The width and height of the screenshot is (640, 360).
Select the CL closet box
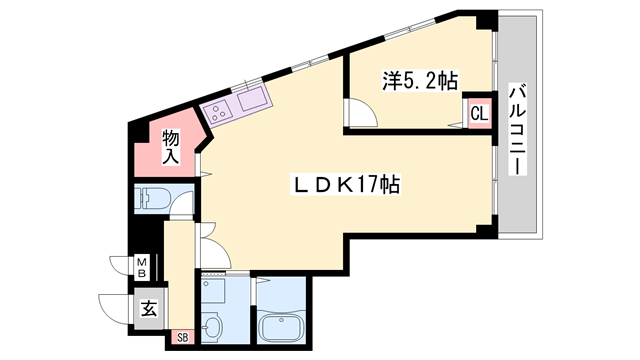coord(479,113)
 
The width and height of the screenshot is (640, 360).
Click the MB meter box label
coord(142,268)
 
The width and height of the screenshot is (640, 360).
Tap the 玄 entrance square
coord(148,309)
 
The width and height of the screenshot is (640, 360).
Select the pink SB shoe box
coord(182,336)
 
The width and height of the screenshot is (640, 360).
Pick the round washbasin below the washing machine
coord(212,327)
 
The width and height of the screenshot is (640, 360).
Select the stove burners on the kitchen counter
coord(217,111)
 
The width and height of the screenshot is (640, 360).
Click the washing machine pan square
coord(213,291)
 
